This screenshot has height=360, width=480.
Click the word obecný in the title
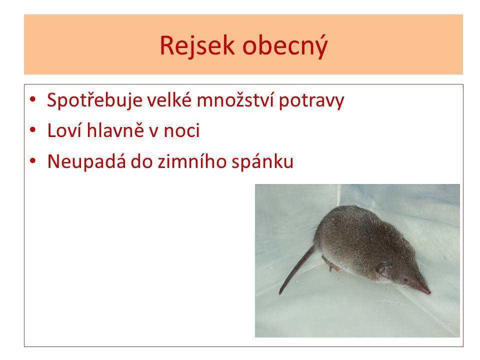click(285, 45)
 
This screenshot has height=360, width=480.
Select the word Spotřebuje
click(94, 100)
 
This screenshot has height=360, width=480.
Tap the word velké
click(169, 99)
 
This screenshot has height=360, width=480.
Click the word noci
click(182, 130)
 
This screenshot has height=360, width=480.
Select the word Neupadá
click(86, 161)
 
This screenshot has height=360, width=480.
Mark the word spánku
click(262, 162)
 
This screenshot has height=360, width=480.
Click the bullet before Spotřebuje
click(33, 99)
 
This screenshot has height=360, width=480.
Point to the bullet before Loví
click(33, 130)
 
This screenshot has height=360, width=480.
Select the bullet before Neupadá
click(33, 160)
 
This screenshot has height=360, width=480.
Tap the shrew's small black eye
click(405, 279)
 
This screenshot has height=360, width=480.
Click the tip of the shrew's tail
click(280, 293)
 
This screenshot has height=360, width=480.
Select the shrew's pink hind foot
click(332, 265)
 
